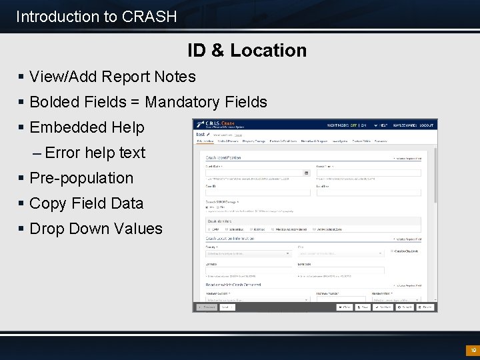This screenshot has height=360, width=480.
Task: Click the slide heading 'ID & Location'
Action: click(x=247, y=50)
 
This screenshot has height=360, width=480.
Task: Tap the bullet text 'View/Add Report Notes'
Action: click(x=113, y=77)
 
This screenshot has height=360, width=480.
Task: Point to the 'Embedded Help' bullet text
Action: click(x=87, y=127)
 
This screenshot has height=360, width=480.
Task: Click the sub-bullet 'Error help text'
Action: click(x=95, y=153)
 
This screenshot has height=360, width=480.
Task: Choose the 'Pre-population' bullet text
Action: click(x=81, y=178)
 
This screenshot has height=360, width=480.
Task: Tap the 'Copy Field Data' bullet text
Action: click(x=87, y=203)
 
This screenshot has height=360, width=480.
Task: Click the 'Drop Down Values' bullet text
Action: click(x=96, y=229)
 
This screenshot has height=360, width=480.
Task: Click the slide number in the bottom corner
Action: click(x=472, y=350)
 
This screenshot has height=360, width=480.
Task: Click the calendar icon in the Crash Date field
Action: click(x=307, y=173)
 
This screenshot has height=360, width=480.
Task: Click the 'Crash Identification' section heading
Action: click(x=224, y=158)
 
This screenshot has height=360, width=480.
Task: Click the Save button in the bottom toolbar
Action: click(x=363, y=307)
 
